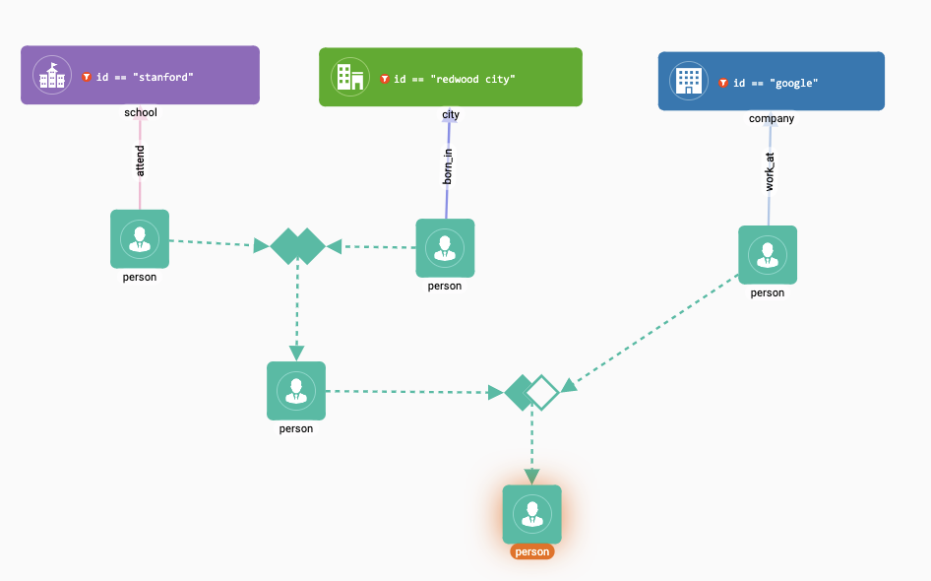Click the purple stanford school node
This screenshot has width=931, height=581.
[x=140, y=75]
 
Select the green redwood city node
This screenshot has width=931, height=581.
[x=450, y=77]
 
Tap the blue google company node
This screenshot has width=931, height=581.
[x=771, y=82]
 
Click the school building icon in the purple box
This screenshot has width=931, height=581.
[x=49, y=75]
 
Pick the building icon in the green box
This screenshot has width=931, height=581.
[x=349, y=77]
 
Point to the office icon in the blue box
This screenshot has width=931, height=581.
[x=689, y=81]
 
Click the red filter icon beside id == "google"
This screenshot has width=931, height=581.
[x=723, y=84]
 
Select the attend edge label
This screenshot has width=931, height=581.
[x=140, y=161]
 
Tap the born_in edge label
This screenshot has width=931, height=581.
[x=448, y=167]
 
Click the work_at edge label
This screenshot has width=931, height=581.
[x=770, y=169]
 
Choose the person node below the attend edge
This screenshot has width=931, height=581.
[x=140, y=238]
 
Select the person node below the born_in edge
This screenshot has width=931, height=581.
[x=445, y=248]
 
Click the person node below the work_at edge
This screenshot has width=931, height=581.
[x=768, y=255]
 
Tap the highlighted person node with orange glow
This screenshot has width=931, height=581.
[x=532, y=514]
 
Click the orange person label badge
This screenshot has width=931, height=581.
[x=532, y=551]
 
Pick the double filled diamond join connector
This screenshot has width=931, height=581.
[x=297, y=246]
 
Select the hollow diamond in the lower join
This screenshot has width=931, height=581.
[x=542, y=392]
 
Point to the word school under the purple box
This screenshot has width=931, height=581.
[x=141, y=112]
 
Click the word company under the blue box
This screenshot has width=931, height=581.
[x=771, y=119]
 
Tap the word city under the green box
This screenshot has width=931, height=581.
[x=451, y=115]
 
